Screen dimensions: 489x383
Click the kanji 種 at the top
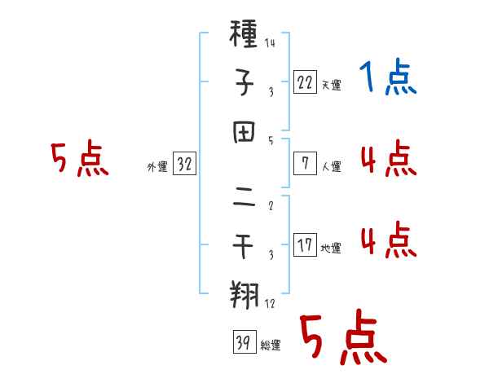pyautogui.click(x=244, y=35)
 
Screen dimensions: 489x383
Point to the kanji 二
pyautogui.click(x=244, y=193)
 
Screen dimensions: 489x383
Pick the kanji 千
pyautogui.click(x=244, y=244)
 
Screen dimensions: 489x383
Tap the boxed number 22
pyautogui.click(x=305, y=81)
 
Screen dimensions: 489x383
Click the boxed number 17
pyautogui.click(x=305, y=244)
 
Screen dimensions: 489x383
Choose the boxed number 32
pyautogui.click(x=184, y=164)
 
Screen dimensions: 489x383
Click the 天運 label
pyautogui.click(x=331, y=85)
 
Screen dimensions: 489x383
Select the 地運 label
pyautogui.click(x=331, y=248)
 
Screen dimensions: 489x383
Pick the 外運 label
pyautogui.click(x=157, y=167)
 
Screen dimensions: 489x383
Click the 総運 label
pyautogui.click(x=271, y=346)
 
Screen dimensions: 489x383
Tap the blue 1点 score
pyautogui.click(x=388, y=78)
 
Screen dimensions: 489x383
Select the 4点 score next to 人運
pyautogui.click(x=388, y=160)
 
